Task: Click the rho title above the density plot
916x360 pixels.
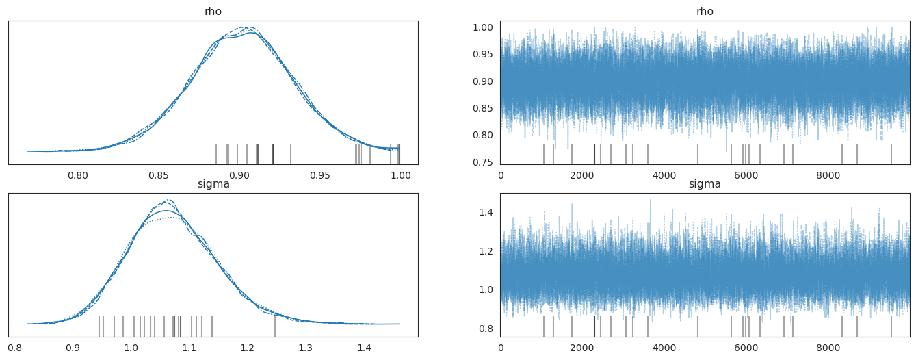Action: point(213,12)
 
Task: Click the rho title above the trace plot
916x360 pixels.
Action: point(705,12)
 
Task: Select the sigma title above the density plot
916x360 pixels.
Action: point(213,184)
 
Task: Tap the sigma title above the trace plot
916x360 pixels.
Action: point(705,184)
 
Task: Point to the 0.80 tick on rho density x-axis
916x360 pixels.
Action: point(78,175)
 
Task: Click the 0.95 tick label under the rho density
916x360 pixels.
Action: point(320,175)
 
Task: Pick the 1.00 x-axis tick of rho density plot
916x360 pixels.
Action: point(400,175)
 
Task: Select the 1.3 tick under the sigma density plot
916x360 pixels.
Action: point(305,348)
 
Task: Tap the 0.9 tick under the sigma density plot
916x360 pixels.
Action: point(73,348)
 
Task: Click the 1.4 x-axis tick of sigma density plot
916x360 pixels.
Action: point(363,348)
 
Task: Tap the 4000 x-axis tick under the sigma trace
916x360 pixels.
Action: point(664,348)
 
